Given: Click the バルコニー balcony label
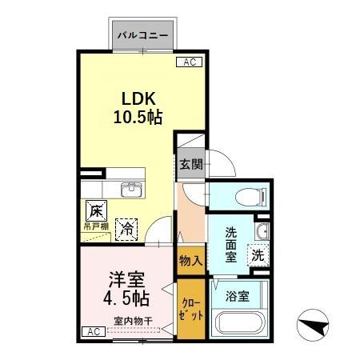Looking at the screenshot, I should [142, 35].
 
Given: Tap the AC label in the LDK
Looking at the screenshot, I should [190, 62].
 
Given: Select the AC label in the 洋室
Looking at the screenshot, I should [91, 331].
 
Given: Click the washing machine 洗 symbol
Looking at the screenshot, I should [258, 256].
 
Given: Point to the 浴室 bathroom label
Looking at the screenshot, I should [238, 295].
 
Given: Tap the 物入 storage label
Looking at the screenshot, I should [190, 261].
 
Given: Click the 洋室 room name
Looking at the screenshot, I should [126, 281].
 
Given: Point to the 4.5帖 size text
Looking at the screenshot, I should [126, 300].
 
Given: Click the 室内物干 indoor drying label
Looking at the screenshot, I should [128, 322].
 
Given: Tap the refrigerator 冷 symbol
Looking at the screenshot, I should [126, 227].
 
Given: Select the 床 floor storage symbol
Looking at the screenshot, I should [95, 212].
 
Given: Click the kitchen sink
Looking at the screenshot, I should [131, 190].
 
